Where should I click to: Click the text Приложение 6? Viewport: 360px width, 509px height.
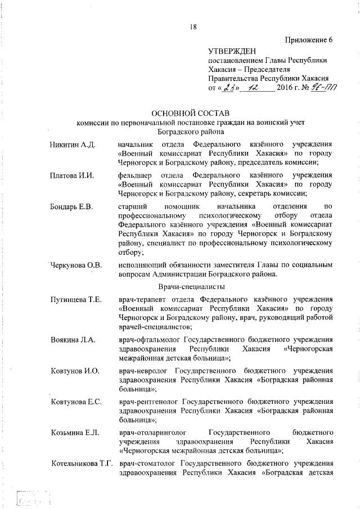(x=309, y=39)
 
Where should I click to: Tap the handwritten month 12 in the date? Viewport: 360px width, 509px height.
(x=260, y=88)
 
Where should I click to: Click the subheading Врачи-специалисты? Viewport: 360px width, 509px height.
(x=191, y=286)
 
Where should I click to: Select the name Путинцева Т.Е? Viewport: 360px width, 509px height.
(x=75, y=299)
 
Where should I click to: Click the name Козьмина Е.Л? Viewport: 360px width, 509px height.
(x=74, y=431)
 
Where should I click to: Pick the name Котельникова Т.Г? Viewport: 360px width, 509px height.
(x=81, y=462)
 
